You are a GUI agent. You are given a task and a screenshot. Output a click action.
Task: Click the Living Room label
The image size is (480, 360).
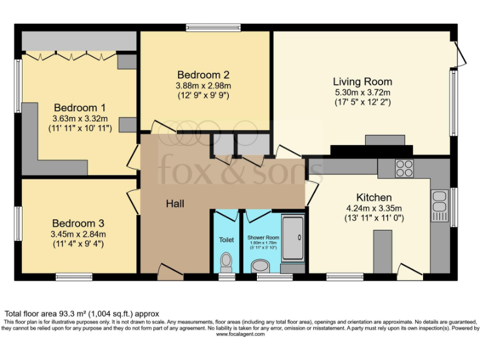tap(362, 81)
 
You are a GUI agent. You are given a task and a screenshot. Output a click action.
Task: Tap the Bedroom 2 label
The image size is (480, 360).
tap(203, 74)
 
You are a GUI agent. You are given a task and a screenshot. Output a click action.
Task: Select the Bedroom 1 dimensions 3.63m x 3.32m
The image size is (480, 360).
tap(80, 118)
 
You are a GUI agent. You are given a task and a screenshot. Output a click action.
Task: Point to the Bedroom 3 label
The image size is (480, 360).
tap(78, 223)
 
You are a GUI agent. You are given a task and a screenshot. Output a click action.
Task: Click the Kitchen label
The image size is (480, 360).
tap(374, 197)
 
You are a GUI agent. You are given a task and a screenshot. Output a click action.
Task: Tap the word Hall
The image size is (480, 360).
tap(175, 204)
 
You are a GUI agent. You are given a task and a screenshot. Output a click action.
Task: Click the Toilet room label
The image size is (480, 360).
tap(226, 239)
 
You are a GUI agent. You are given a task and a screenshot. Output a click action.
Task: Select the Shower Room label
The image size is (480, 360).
tap(262, 237)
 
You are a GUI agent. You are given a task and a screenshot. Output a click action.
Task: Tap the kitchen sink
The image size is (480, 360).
tap(439, 202)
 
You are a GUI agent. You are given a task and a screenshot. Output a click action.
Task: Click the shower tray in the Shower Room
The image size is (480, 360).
tap(292, 238)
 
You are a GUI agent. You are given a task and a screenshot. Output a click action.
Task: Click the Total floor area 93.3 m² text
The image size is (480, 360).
tap(82, 314)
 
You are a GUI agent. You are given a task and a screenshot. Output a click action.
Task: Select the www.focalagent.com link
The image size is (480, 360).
tap(240, 334)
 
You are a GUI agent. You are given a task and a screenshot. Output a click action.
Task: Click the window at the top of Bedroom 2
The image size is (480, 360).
tap(212, 27)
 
